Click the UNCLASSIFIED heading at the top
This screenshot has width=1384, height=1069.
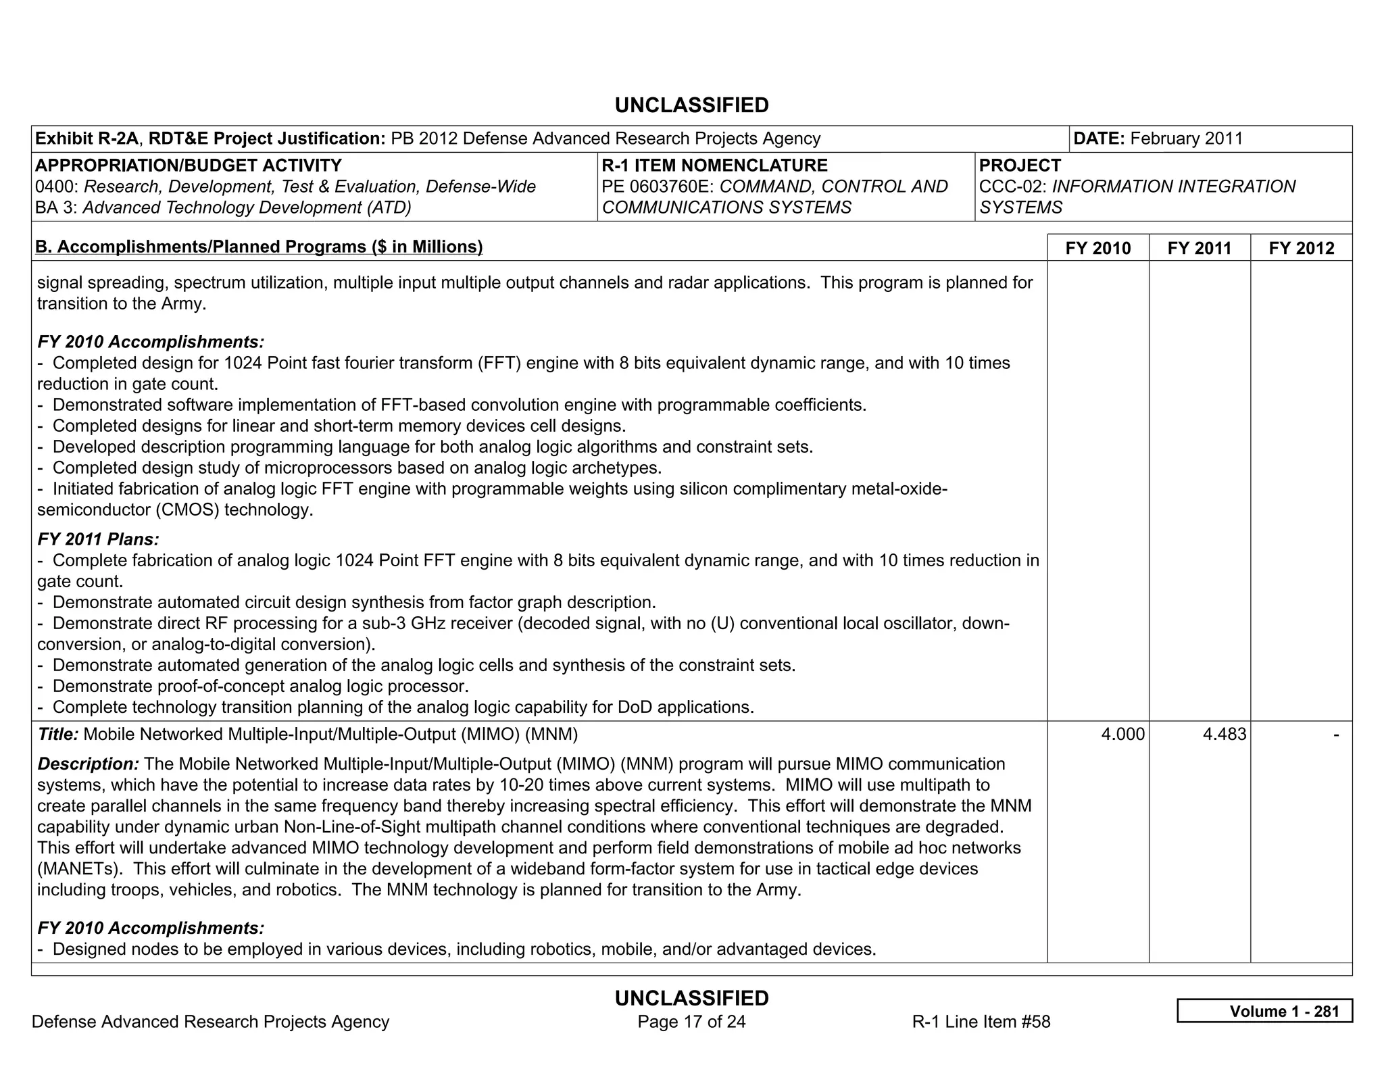691,105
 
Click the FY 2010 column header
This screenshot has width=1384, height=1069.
1097,248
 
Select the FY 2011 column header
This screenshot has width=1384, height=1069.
1199,248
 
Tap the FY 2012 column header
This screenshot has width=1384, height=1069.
1301,248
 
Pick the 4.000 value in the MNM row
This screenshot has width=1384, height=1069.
1122,734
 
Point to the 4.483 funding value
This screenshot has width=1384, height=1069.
1224,734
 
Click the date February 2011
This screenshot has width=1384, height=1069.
1186,139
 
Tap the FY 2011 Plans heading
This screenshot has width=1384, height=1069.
98,539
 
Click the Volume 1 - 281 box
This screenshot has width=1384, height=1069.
1264,1011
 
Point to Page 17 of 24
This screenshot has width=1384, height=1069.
691,1021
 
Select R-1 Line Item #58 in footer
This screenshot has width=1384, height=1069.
981,1021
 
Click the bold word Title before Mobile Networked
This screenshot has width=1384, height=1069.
57,734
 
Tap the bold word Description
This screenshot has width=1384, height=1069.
88,764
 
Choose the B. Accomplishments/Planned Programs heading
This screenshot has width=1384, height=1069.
259,247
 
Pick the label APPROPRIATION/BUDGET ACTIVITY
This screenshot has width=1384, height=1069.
189,166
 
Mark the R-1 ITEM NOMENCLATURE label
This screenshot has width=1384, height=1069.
714,166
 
